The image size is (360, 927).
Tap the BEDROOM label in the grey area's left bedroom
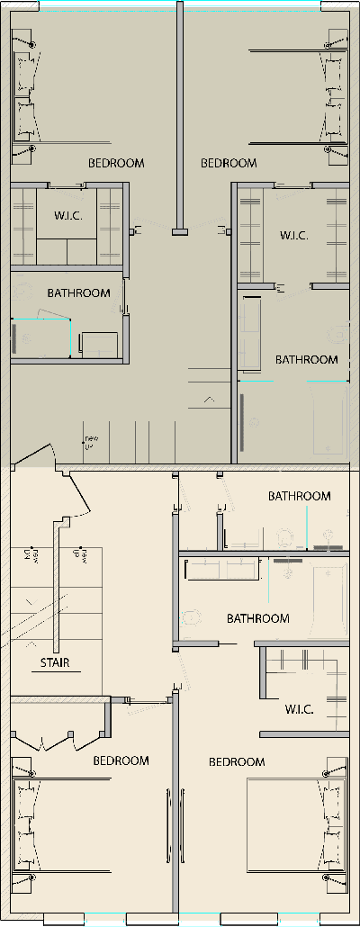click(x=116, y=163)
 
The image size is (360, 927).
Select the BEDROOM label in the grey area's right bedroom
click(x=229, y=163)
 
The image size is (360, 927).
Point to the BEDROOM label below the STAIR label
click(x=121, y=760)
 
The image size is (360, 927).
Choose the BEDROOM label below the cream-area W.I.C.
click(x=237, y=762)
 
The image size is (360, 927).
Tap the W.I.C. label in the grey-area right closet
click(x=293, y=236)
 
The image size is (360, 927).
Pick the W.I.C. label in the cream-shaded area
click(x=299, y=710)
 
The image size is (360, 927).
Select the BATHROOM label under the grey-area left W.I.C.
click(x=79, y=292)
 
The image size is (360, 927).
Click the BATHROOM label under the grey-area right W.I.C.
click(x=307, y=359)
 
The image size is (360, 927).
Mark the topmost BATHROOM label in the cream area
click(x=300, y=496)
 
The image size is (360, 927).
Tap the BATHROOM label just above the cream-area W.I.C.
click(x=258, y=618)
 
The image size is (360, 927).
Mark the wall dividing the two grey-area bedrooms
click(x=180, y=117)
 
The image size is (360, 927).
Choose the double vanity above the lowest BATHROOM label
click(x=220, y=570)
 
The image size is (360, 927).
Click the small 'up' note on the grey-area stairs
click(x=91, y=441)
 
